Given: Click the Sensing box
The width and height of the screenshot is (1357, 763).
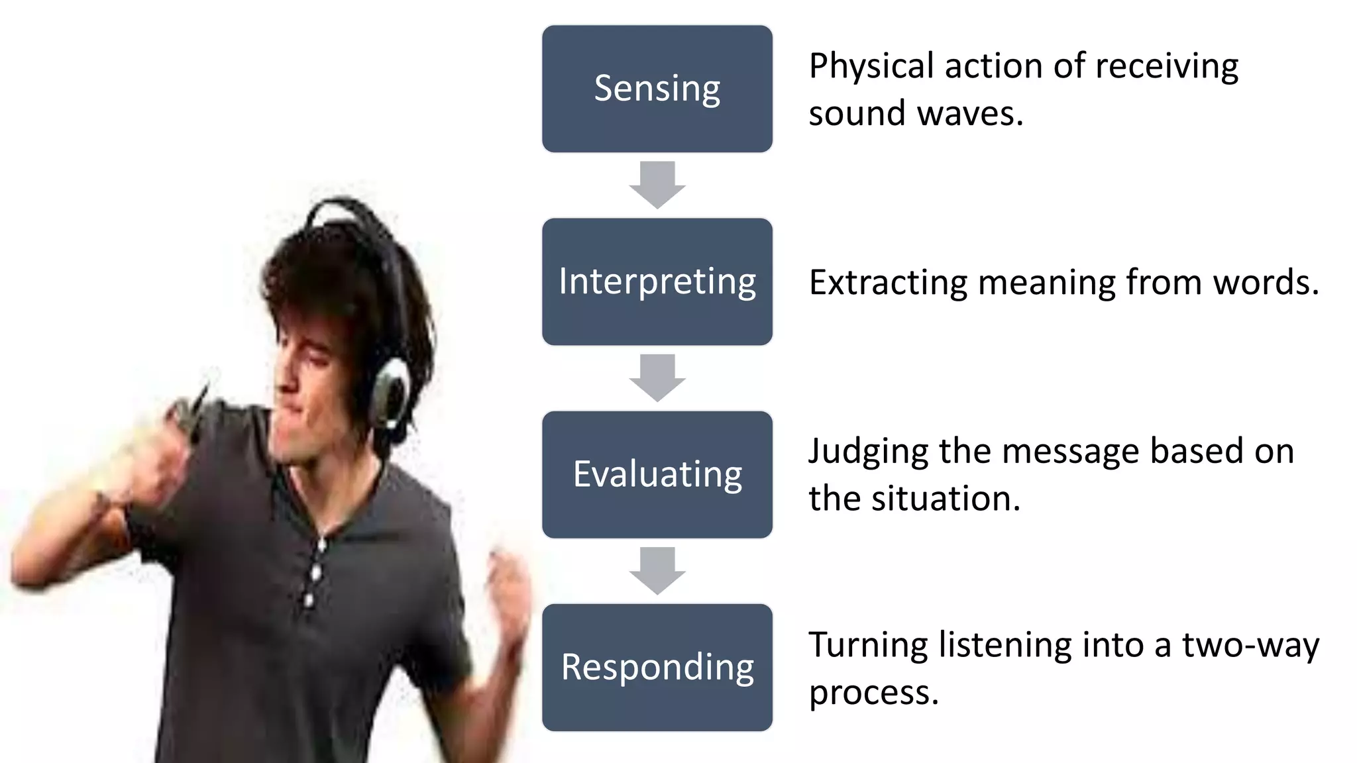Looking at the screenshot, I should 657,89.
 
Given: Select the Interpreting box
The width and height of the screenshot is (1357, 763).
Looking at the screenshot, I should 657,281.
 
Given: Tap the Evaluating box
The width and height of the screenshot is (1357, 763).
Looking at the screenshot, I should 657,474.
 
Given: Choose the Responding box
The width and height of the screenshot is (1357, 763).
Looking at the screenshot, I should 657,667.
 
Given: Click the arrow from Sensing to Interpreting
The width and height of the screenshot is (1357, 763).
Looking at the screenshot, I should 657,185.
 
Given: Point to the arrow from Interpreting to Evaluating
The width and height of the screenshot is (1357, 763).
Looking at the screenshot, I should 657,378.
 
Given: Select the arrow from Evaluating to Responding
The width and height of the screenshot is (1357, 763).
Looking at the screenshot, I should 657,570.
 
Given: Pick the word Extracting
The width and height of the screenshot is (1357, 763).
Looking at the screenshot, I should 888,283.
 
